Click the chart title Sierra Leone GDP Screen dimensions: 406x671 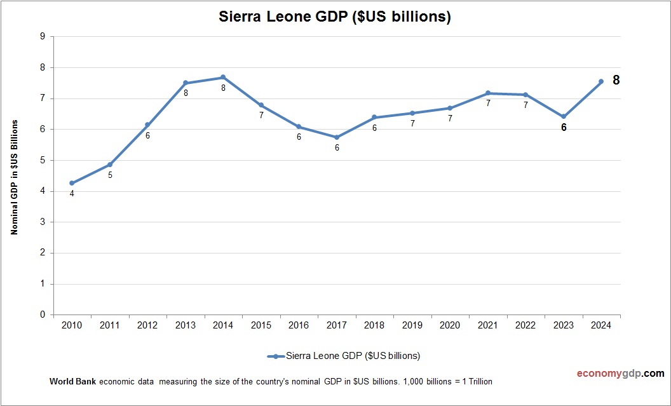coord(335,17)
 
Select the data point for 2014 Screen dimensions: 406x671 coord(223,78)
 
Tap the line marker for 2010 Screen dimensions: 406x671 coord(72,183)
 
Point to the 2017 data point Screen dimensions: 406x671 coord(337,137)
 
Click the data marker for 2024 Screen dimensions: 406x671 coord(601,81)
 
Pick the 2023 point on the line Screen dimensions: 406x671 coord(564,116)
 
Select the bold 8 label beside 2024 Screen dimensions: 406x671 coord(616,81)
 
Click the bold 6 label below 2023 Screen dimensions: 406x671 coord(564,127)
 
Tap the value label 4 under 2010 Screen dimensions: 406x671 coord(72,194)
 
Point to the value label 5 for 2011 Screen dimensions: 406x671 coord(110,175)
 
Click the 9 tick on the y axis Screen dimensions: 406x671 coord(43,36)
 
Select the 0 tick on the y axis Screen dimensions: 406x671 coord(43,315)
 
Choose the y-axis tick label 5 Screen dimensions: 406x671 coord(43,160)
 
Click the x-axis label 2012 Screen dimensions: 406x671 coord(147,325)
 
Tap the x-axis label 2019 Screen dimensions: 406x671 coord(412,325)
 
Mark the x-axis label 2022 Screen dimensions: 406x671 coord(525,325)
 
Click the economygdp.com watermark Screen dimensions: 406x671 coord(611,374)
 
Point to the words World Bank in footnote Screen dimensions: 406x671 coord(72,382)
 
